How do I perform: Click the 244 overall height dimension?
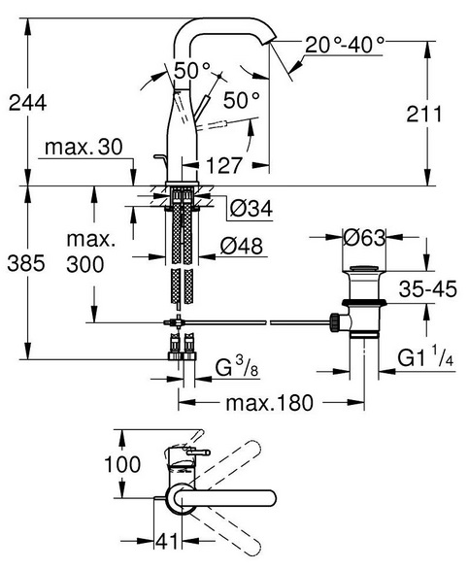27,103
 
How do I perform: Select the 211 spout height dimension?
424,114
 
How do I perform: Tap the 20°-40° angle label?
345,45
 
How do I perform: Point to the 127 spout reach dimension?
224,165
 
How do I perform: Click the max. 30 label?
84,148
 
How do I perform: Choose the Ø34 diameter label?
251,209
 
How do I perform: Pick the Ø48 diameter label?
241,246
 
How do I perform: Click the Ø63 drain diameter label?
364,238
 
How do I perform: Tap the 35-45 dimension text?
427,289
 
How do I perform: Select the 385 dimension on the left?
26,263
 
